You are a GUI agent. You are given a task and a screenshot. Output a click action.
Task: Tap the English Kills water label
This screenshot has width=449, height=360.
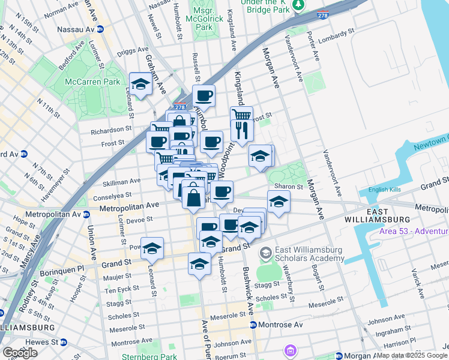point(380,190)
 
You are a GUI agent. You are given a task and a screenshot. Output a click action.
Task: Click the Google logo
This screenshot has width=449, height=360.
point(20,353)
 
